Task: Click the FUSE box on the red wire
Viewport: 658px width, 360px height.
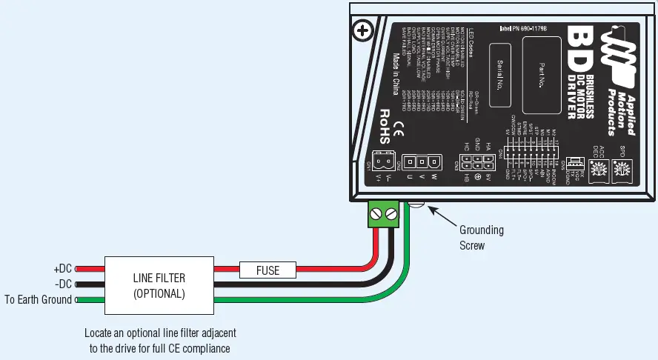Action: pos(267,270)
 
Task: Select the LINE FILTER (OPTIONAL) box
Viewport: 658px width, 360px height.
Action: pos(159,285)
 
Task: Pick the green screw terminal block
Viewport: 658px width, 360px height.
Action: pos(384,216)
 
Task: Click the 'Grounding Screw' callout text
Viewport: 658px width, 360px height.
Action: pos(481,237)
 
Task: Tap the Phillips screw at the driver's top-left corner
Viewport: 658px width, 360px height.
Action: pos(362,31)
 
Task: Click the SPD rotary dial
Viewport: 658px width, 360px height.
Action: pos(623,170)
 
